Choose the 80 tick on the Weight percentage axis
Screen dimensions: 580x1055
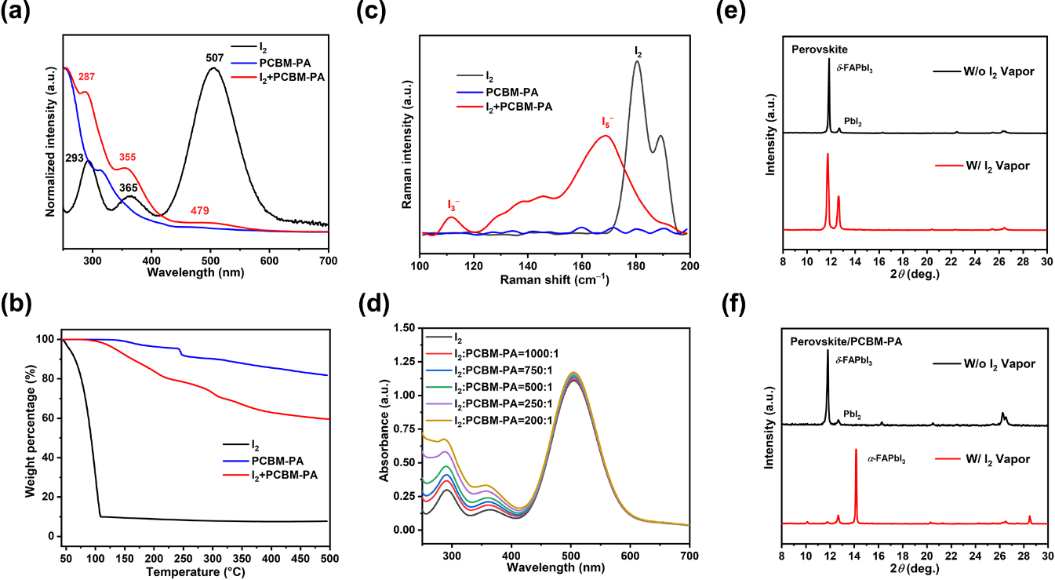click(49, 378)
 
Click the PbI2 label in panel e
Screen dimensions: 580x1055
click(853, 122)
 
